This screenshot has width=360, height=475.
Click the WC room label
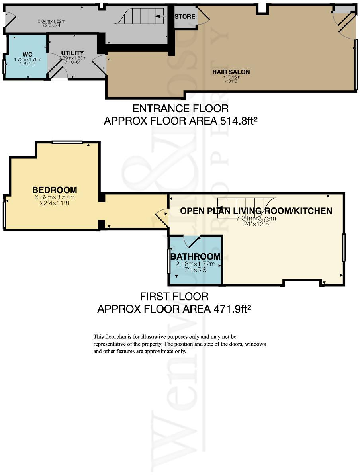click(27, 54)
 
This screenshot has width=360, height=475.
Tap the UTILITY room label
click(72, 53)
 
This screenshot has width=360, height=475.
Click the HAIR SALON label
click(231, 72)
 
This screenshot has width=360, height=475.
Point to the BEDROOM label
click(55, 190)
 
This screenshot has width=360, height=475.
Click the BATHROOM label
click(195, 256)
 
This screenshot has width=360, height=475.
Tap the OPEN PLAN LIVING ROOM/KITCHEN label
click(256, 211)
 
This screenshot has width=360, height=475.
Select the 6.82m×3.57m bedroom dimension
click(55, 197)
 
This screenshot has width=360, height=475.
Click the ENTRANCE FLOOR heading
click(180, 108)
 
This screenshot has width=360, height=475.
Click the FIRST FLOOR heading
click(174, 297)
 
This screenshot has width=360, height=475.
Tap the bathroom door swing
click(190, 241)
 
